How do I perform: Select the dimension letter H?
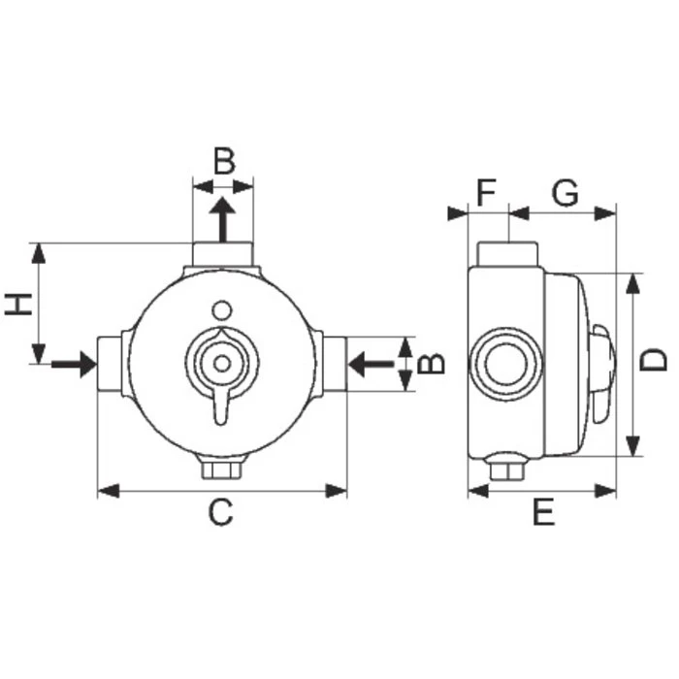click(x=17, y=303)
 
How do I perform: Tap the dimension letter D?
click(x=657, y=360)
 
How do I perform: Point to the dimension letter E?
click(x=543, y=512)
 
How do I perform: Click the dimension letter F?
click(x=487, y=192)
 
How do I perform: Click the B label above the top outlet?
click(x=224, y=161)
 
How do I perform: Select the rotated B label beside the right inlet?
click(x=434, y=364)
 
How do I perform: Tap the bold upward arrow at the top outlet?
click(x=223, y=218)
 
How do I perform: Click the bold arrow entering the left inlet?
click(x=74, y=365)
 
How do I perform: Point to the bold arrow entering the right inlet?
click(x=370, y=365)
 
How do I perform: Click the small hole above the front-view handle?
click(x=222, y=309)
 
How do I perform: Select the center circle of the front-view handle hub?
click(x=223, y=364)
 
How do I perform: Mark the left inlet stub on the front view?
click(x=111, y=365)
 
